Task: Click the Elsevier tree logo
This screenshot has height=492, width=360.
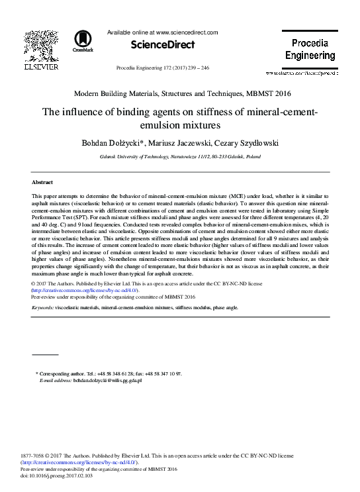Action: tap(41, 46)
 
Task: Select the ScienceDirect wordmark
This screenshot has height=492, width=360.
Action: tap(163, 45)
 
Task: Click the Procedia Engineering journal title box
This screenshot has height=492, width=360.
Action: tap(310, 50)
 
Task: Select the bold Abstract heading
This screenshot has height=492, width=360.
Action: tap(42, 181)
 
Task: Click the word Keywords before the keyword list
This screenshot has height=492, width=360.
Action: tap(42, 308)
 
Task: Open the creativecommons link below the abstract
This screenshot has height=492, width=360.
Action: tap(85, 290)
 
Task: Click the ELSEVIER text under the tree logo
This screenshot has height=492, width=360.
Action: tap(41, 66)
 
